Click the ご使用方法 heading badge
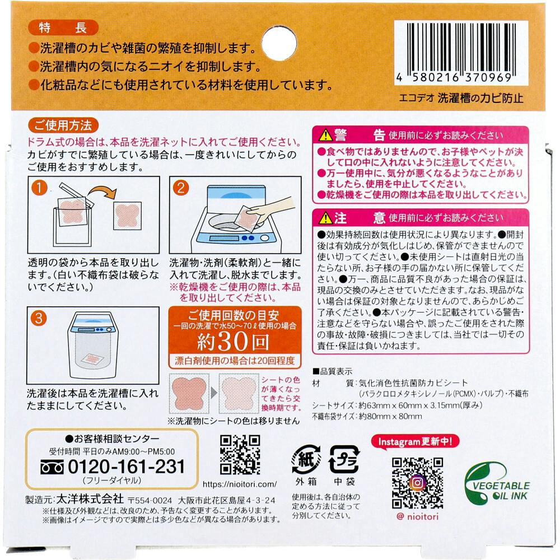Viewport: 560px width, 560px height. coord(63,125)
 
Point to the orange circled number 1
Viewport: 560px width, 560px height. coord(39,188)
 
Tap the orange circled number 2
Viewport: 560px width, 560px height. coord(180,188)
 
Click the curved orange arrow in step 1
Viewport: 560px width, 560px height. coord(102,192)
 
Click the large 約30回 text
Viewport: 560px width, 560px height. coord(233,342)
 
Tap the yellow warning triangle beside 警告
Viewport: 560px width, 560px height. coord(325,135)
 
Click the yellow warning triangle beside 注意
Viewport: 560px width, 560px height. coord(325,217)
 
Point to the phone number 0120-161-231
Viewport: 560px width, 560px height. coord(126,467)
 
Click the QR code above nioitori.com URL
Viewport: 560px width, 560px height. coord(240,455)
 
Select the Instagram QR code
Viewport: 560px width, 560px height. coord(417,483)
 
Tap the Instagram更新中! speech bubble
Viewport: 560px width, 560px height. coord(415,442)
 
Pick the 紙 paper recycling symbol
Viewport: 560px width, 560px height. coord(306,460)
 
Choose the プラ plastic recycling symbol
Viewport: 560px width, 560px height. coord(344,460)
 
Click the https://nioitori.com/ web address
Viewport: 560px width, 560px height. coord(240,484)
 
